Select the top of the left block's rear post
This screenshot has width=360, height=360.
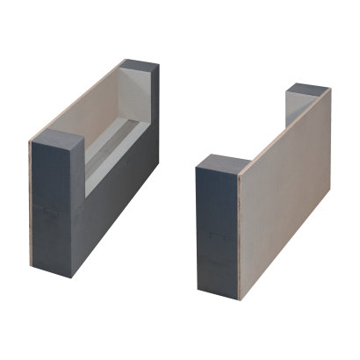[140, 66]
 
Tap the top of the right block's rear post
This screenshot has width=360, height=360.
[309, 90]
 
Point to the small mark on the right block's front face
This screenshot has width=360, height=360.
[214, 235]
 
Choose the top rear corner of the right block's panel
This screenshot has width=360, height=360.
[330, 90]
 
